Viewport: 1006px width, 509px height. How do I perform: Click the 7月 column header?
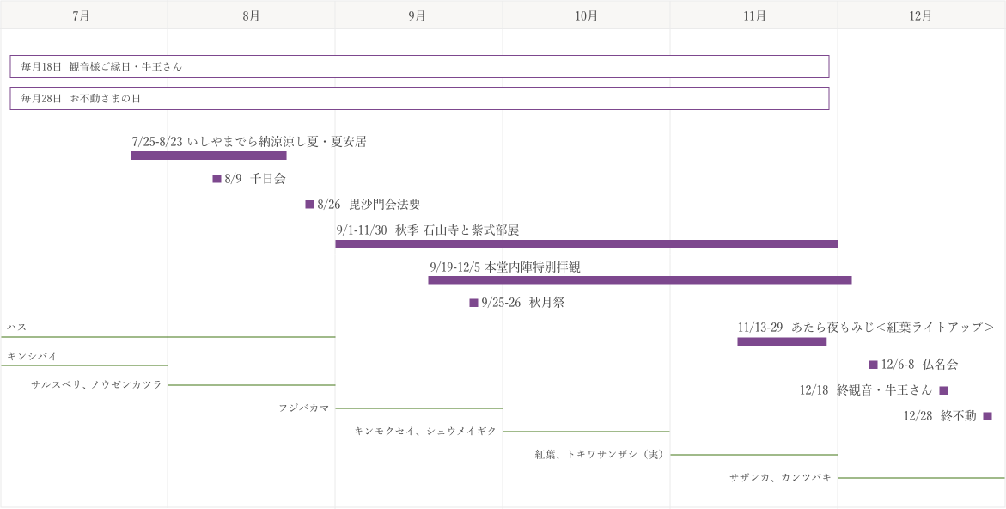pyautogui.click(x=81, y=15)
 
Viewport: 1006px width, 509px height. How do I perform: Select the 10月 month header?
pyautogui.click(x=587, y=15)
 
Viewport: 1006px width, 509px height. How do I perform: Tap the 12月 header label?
pyautogui.click(x=921, y=15)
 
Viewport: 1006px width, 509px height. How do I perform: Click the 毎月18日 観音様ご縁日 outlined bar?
pyautogui.click(x=419, y=56)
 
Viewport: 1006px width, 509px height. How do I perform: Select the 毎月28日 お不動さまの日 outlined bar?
pyautogui.click(x=419, y=88)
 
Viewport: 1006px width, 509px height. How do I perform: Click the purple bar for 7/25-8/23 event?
pyautogui.click(x=209, y=156)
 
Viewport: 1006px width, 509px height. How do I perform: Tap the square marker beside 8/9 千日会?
pyautogui.click(x=216, y=179)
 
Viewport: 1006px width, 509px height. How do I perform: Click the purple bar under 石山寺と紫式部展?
pyautogui.click(x=587, y=244)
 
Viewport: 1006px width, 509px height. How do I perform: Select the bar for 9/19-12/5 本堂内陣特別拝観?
pyautogui.click(x=640, y=279)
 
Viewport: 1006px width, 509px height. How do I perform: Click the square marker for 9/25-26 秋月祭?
pyautogui.click(x=473, y=303)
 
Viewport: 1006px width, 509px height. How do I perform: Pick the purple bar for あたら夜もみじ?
pyautogui.click(x=782, y=341)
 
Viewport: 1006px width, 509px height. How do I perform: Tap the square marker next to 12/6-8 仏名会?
pyautogui.click(x=873, y=365)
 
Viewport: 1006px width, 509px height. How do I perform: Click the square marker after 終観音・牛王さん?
pyautogui.click(x=943, y=390)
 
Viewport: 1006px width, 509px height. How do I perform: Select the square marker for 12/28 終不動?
pyautogui.click(x=987, y=416)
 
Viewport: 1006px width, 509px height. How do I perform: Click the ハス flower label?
pyautogui.click(x=16, y=328)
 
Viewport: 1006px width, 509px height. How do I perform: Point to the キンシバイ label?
pyautogui.click(x=32, y=356)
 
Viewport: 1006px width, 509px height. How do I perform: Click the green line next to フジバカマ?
pyautogui.click(x=419, y=408)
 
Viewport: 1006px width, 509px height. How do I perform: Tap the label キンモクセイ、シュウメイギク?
pyautogui.click(x=425, y=432)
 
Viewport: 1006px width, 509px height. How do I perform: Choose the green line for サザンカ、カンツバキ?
pyautogui.click(x=921, y=477)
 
